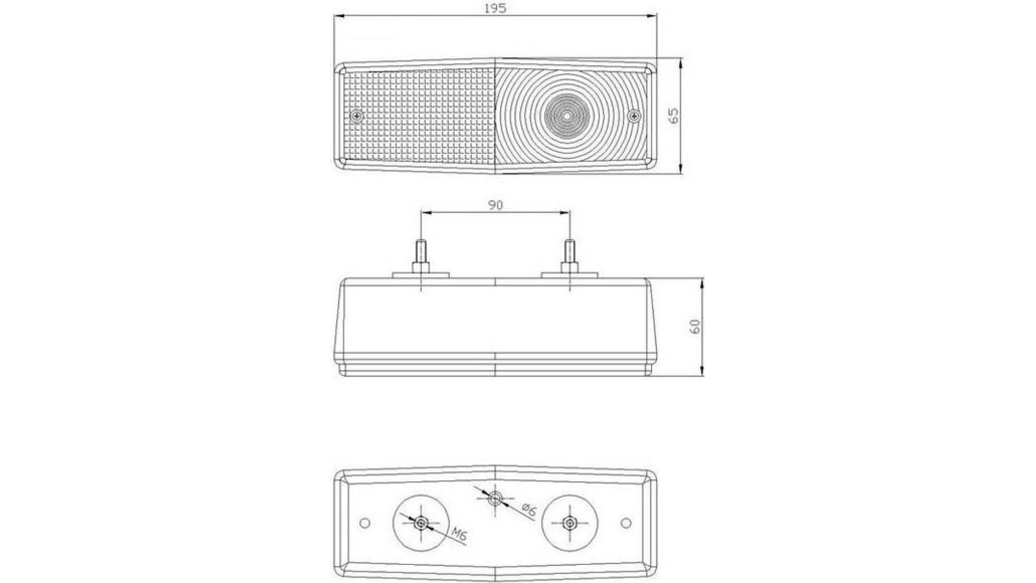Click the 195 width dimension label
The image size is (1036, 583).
click(x=495, y=9)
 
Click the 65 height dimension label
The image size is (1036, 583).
click(x=674, y=116)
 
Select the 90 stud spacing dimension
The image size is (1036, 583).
click(x=495, y=205)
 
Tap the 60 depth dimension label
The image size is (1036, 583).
click(x=696, y=326)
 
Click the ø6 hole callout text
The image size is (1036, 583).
click(x=529, y=509)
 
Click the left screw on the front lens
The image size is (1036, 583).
click(x=356, y=116)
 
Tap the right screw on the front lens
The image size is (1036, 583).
click(x=635, y=115)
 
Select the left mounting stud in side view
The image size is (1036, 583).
click(x=421, y=259)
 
